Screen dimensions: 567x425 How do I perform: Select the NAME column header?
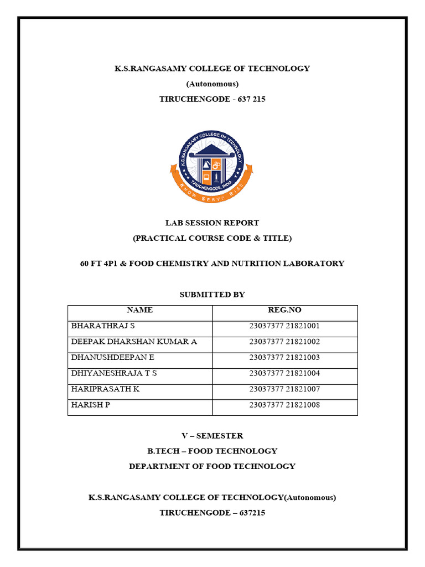coord(139,310)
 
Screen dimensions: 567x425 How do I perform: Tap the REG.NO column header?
coord(284,310)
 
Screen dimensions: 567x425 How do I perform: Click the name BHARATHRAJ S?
coord(103,326)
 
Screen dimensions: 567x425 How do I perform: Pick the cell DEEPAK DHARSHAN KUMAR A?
coord(134,342)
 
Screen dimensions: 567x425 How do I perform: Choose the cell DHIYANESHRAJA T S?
coord(114,373)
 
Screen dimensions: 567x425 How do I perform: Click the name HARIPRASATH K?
coord(105,389)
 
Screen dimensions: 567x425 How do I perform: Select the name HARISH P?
coord(91,405)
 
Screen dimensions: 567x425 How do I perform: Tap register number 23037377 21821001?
coord(284,326)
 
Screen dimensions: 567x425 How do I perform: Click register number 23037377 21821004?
coord(284,373)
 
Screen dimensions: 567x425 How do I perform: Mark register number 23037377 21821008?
coord(284,405)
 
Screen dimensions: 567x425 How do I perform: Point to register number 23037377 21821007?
coord(284,389)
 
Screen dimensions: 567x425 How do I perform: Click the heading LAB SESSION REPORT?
coord(212,223)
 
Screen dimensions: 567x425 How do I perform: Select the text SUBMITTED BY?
coord(212,295)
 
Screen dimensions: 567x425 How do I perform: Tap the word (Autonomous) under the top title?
coord(212,84)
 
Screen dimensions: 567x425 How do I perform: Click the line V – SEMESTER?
coord(212,436)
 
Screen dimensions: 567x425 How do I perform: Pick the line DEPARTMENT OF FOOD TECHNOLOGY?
coord(212,466)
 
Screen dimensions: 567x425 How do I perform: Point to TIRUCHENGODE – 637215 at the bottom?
coord(212,513)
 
